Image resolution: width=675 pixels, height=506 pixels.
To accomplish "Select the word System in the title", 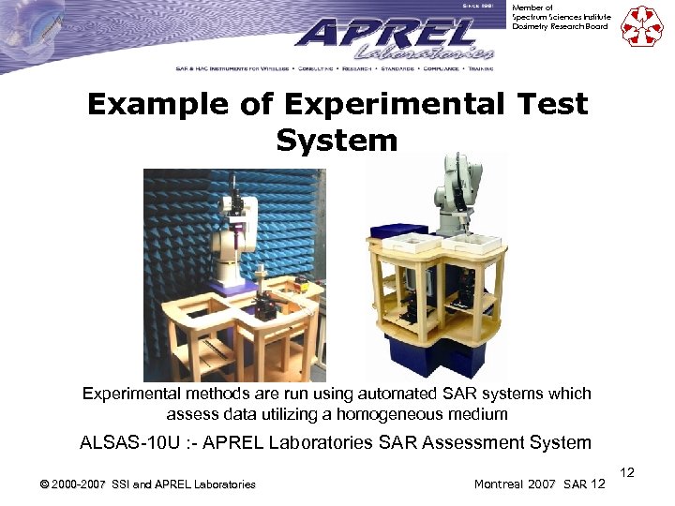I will [337, 141].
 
